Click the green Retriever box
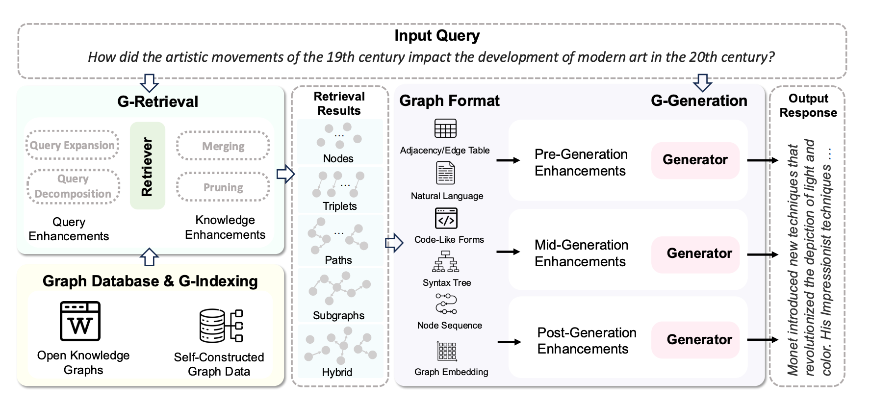coord(148,166)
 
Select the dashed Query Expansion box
coord(72,145)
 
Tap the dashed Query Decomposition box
coord(73,186)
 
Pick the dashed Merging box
coord(223,146)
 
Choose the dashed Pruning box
coord(223,187)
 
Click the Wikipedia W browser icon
coord(80,321)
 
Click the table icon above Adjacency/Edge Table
coord(445,128)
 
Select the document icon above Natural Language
coord(445,173)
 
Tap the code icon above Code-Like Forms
coord(446,218)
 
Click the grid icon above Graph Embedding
coord(446,351)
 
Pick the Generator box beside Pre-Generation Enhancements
coord(695,160)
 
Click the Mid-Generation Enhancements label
coord(581,253)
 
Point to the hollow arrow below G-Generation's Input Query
coord(703,83)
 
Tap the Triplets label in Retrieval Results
coord(339,206)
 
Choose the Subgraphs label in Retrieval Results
coord(338,315)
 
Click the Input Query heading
coord(437,36)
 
